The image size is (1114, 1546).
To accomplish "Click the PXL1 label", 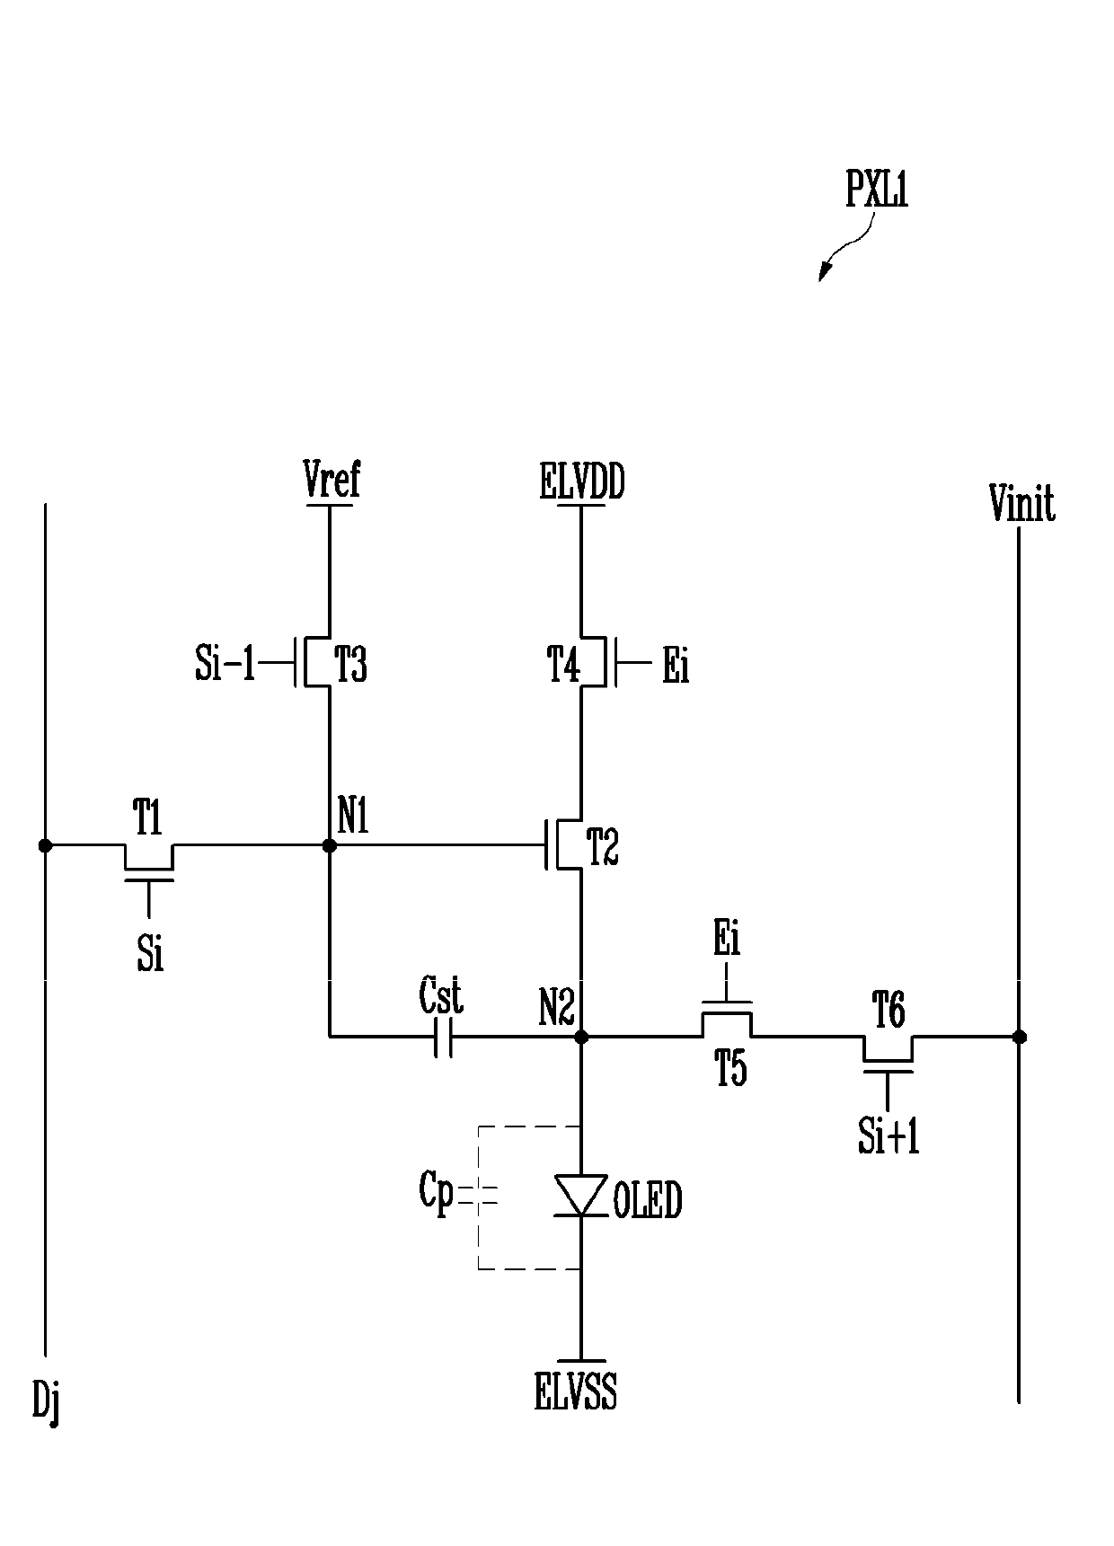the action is (x=877, y=190).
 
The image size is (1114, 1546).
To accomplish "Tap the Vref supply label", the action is (x=332, y=480).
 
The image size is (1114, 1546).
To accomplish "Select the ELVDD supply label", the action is (x=582, y=482).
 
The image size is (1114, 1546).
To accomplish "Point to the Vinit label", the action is (x=1021, y=504).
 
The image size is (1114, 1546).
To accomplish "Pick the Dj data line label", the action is (x=47, y=1403).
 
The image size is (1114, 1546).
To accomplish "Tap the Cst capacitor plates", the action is (x=443, y=1037).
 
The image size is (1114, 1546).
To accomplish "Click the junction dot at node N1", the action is (x=329, y=845).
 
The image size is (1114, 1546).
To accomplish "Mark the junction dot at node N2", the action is (x=580, y=1037).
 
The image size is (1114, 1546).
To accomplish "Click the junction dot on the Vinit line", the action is (x=1019, y=1037).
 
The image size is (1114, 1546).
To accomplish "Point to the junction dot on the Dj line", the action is (x=44, y=845).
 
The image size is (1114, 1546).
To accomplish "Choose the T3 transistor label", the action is (x=351, y=667).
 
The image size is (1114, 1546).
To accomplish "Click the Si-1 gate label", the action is (x=225, y=666).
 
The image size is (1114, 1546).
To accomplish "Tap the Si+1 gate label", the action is (x=889, y=1136).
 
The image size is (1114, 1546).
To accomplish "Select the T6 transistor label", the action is (x=889, y=1012).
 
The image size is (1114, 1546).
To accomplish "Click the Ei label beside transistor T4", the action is (x=676, y=667).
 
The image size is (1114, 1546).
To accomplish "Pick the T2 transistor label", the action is (x=602, y=846).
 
